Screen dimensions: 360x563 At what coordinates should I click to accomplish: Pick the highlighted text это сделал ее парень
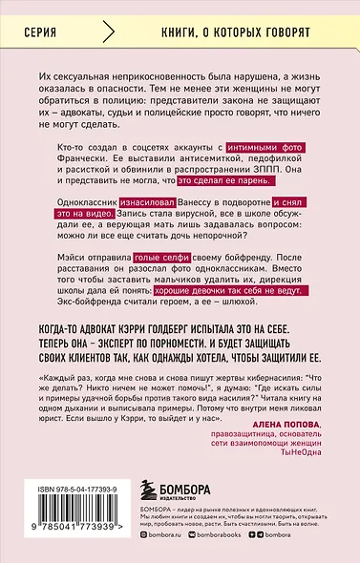243,176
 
